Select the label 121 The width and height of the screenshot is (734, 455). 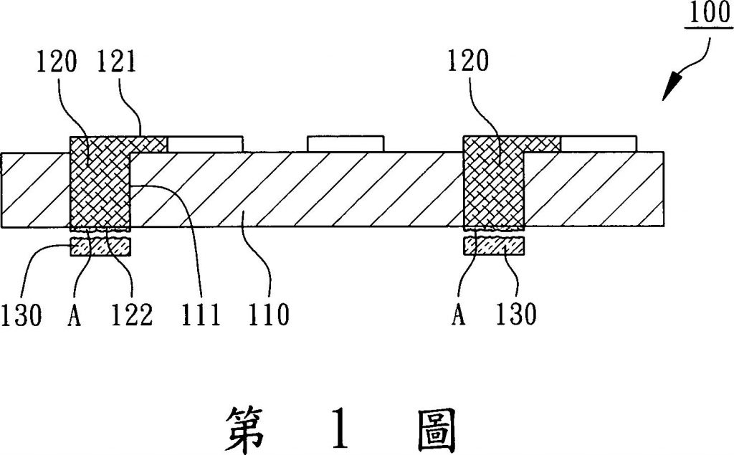pos(117,62)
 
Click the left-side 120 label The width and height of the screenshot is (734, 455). pos(56,62)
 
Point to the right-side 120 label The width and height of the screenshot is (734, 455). pos(467,61)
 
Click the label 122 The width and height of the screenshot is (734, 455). pos(132,315)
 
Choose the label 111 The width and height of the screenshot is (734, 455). pos(201,315)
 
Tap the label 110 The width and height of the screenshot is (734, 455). pos(268,315)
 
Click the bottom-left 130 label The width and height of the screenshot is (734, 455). pos(21,315)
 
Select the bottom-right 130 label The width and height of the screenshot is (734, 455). pos(515,314)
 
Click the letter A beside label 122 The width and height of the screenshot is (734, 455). pos(75,315)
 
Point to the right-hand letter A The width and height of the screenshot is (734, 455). pos(459,314)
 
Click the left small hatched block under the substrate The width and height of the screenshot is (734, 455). pos(100,246)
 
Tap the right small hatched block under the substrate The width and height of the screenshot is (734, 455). pos(494,246)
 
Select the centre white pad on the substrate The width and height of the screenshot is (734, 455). pos(345,144)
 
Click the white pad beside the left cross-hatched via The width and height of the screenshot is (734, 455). pos(205,144)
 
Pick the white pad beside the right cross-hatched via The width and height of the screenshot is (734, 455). pos(599,144)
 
